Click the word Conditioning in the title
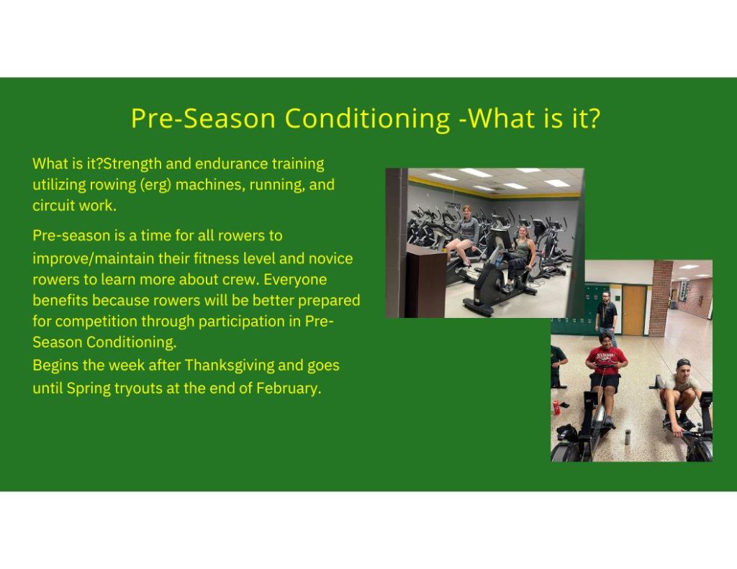coord(368,119)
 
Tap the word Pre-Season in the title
coord(203,119)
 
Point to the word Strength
coord(132,164)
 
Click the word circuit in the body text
coord(53,205)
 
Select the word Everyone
coord(295,280)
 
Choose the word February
coord(288,388)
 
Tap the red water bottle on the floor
coord(556,407)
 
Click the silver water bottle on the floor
coord(628,437)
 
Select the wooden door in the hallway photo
coord(634,311)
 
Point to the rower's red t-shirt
coord(606,361)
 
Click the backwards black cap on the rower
coord(683,363)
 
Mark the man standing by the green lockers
coord(606,318)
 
